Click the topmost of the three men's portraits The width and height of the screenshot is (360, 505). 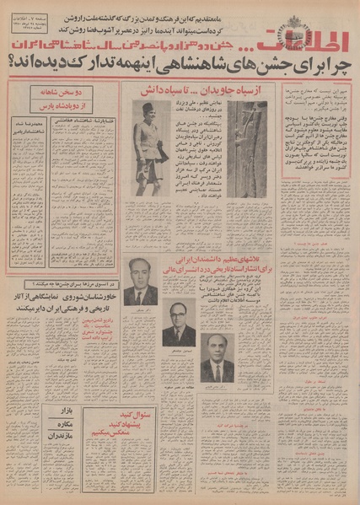140,282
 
